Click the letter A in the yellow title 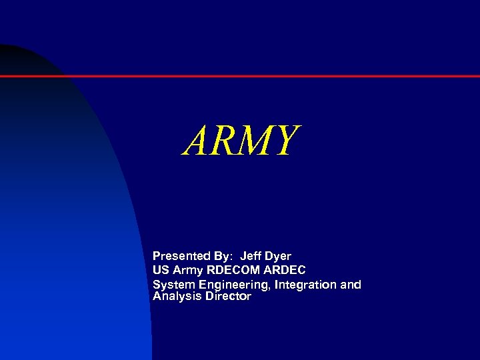197,141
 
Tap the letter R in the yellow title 225,141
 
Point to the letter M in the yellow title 255,141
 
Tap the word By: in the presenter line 223,256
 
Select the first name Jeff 251,256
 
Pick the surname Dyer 278,256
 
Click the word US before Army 161,270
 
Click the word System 171,285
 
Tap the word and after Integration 351,285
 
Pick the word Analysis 175,297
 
